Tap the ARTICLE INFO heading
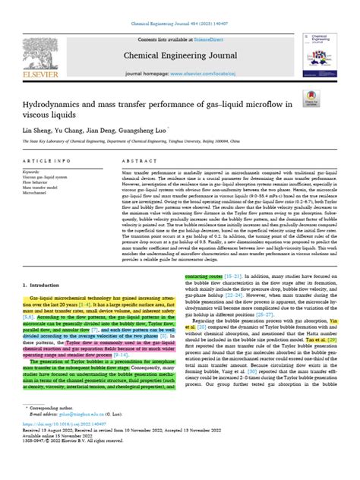pos(54,160)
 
